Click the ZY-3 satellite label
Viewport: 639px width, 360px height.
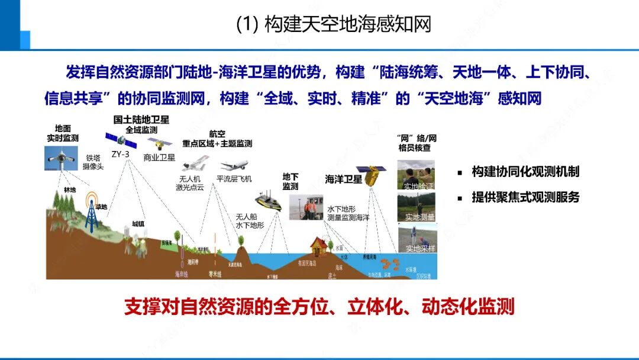click(x=120, y=154)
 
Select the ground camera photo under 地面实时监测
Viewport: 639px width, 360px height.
click(x=62, y=159)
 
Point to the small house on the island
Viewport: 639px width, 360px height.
click(x=322, y=246)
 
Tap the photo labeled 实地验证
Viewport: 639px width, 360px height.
click(x=415, y=175)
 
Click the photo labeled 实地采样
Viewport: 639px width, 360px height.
click(x=416, y=238)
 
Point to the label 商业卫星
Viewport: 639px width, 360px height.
click(x=160, y=158)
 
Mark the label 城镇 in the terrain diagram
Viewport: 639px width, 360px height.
click(x=138, y=224)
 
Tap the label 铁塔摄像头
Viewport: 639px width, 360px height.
click(x=94, y=162)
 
